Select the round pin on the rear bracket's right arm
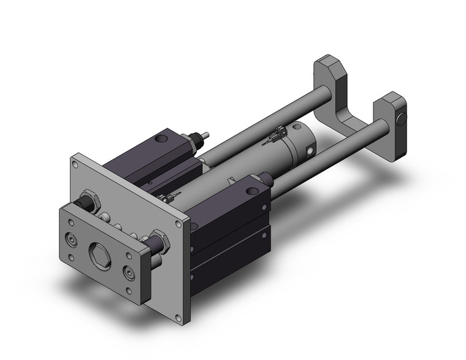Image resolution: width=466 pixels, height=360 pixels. click(x=402, y=117)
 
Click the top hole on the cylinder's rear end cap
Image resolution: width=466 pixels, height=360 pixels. click(x=296, y=126)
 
